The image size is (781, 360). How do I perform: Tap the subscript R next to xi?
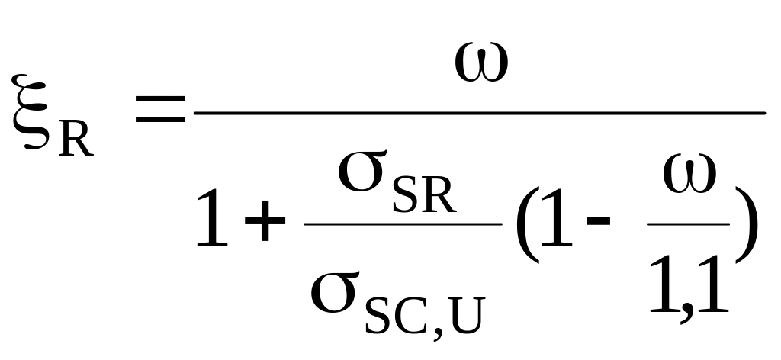click(76, 137)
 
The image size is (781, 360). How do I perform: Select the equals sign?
click(160, 111)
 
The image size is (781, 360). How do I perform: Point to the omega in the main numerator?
click(481, 64)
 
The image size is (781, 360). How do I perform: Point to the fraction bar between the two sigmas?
click(403, 224)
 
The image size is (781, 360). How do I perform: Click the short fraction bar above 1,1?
click(688, 224)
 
